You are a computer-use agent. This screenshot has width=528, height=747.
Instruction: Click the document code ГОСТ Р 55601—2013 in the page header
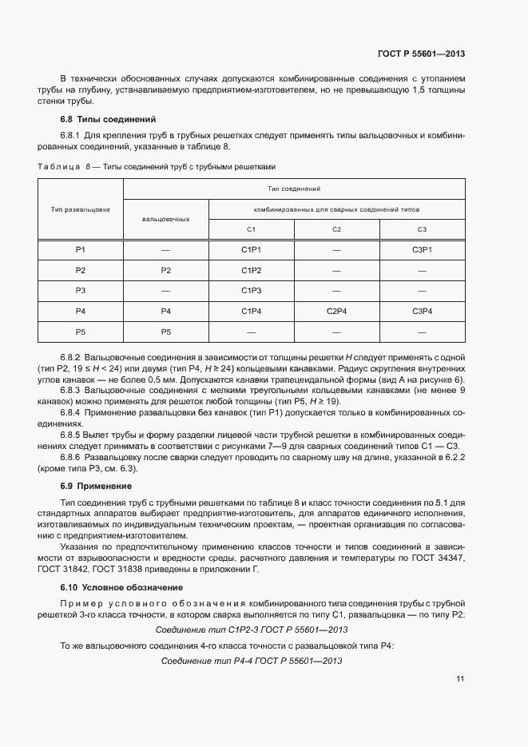point(420,54)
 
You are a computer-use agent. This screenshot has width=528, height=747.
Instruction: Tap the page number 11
point(459,679)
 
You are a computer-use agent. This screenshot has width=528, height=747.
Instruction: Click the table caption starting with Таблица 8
point(157,166)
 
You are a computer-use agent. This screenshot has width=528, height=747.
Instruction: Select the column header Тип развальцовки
point(81,209)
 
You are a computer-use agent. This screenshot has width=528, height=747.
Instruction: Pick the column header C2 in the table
point(336,229)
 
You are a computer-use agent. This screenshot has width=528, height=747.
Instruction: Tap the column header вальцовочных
point(165,218)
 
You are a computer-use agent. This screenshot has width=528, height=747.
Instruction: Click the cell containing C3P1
point(422,250)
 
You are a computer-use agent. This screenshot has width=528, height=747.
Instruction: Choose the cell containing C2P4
point(336,311)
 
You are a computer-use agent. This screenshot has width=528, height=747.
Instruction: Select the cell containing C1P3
point(252,290)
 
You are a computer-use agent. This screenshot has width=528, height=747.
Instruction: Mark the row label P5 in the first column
point(81,331)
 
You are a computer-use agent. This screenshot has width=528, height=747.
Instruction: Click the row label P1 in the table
point(81,250)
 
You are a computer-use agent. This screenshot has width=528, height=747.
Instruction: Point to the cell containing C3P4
point(422,311)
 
